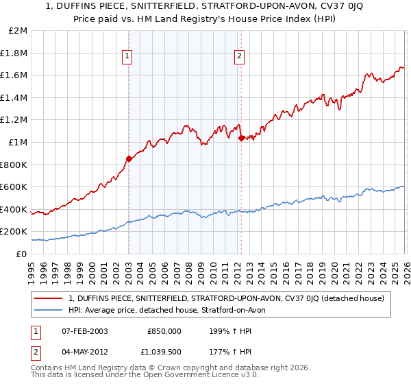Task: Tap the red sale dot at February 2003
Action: click(x=129, y=159)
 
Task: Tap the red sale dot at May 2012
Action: click(x=240, y=138)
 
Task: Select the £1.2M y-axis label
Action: click(x=14, y=120)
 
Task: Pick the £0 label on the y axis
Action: click(x=21, y=254)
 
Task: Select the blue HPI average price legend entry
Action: click(x=171, y=310)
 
